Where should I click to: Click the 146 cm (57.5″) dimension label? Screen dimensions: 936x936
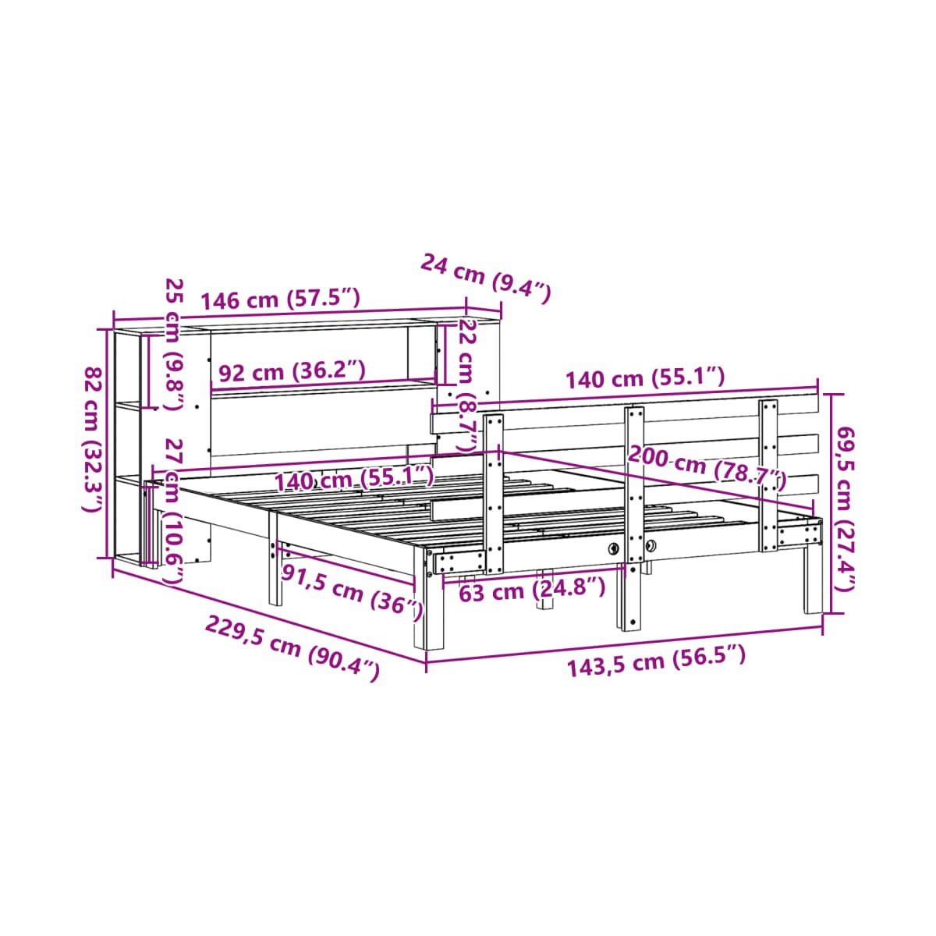point(280,299)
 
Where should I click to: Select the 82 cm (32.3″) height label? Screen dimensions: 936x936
point(92,439)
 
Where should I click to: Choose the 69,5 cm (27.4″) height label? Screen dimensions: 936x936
point(844,509)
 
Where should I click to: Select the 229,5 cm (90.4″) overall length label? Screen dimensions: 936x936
point(292,647)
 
